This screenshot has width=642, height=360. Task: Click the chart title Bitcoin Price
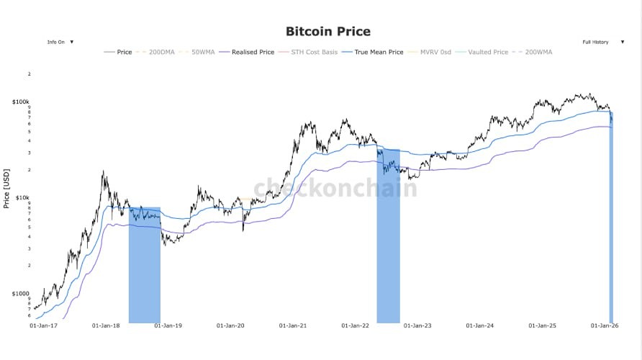[327, 31]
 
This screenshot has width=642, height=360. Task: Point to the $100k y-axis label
[20, 102]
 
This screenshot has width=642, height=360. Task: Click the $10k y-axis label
[22, 197]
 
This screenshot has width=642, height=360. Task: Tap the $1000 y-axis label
[20, 293]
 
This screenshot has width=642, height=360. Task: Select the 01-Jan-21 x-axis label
[294, 325]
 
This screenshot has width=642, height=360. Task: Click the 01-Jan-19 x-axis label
[168, 325]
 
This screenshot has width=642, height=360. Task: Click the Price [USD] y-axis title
[6, 189]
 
